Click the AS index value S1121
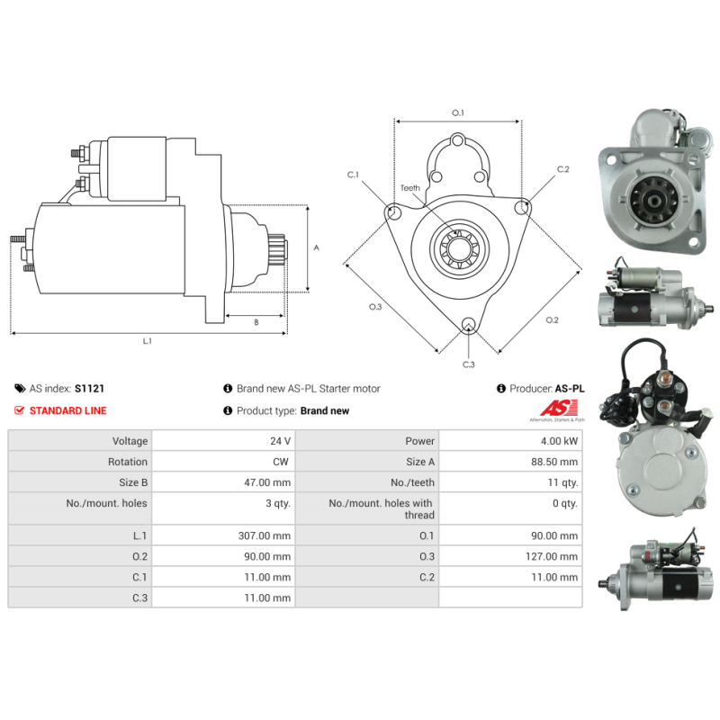coord(91,389)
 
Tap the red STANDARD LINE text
coord(67,410)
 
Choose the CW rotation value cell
coord(282,462)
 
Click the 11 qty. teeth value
coord(562,482)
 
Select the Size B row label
coord(132,482)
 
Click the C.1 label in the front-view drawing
coord(353,174)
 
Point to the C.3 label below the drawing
coord(468,364)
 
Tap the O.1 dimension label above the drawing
coord(457,112)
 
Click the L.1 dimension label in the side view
coord(147,341)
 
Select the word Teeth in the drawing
coord(410,188)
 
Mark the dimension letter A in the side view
coord(315,247)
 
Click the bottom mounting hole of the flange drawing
coord(467,325)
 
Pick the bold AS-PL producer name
coord(569,389)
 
